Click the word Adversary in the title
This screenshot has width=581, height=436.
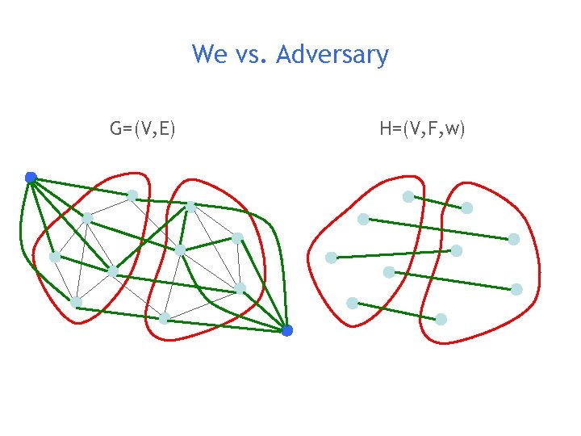click(x=332, y=55)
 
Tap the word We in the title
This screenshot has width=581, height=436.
click(x=210, y=55)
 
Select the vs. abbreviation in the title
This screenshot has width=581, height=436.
click(x=252, y=56)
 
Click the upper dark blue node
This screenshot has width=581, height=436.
click(x=31, y=178)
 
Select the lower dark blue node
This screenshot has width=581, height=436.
click(x=287, y=330)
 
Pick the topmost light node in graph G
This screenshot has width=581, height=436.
click(x=132, y=195)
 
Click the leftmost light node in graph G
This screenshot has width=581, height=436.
click(x=54, y=257)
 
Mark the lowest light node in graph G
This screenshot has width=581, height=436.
click(x=164, y=319)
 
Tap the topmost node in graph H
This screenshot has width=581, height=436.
click(x=408, y=196)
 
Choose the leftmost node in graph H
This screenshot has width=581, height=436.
click(x=331, y=258)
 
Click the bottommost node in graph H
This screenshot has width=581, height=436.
click(x=441, y=319)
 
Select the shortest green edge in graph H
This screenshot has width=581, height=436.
click(x=437, y=202)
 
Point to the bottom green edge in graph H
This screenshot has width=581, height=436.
click(x=396, y=311)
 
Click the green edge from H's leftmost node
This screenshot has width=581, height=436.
click(x=393, y=254)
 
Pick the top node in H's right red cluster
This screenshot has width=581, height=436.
click(x=467, y=208)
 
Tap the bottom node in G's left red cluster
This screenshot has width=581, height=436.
click(x=76, y=302)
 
